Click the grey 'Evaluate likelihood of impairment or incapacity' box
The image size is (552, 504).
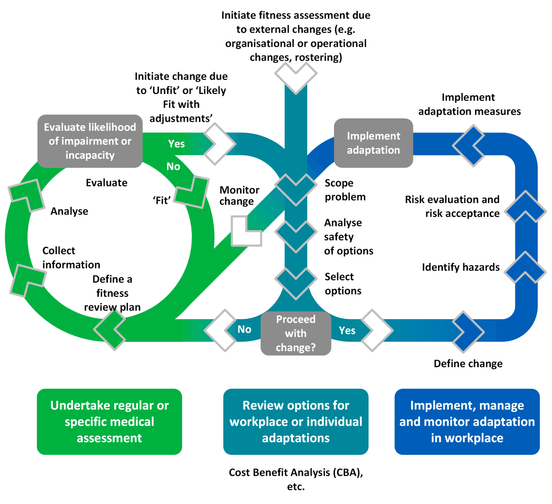90,141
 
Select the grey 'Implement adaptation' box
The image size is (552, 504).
373,143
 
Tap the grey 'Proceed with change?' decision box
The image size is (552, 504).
296,333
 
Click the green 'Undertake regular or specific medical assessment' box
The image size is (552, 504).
109,421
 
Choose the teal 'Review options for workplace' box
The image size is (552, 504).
296,421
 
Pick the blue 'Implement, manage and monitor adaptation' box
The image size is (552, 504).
467,421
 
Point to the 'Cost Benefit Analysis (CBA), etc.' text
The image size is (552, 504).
296,479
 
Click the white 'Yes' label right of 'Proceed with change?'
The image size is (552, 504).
347,330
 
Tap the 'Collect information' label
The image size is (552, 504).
71,258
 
